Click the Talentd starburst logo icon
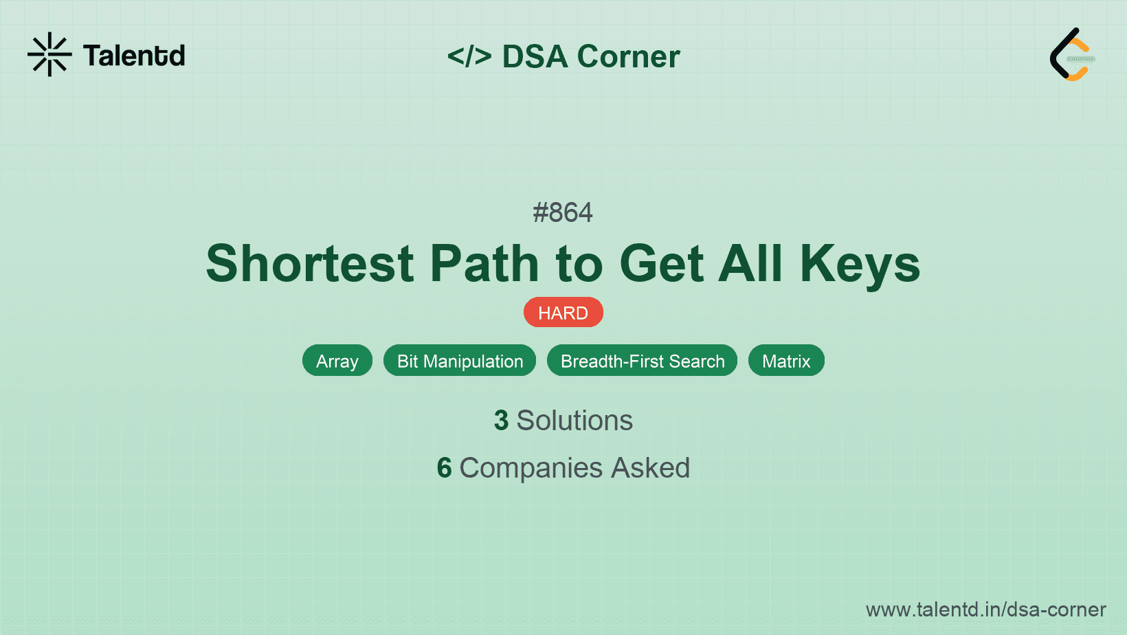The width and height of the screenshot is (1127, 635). pyautogui.click(x=49, y=54)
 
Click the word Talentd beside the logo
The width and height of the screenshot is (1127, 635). pyautogui.click(x=134, y=56)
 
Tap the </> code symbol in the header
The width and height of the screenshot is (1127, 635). pyautogui.click(x=469, y=56)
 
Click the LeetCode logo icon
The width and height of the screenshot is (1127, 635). pyautogui.click(x=1072, y=55)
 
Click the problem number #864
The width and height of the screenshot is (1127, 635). pyautogui.click(x=563, y=212)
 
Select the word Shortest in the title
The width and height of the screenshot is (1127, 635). pyautogui.click(x=310, y=264)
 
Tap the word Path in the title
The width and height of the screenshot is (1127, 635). pyautogui.click(x=484, y=264)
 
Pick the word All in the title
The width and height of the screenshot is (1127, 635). pyautogui.click(x=750, y=264)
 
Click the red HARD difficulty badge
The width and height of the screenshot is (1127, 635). pyautogui.click(x=563, y=313)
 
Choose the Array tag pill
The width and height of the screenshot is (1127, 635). pyautogui.click(x=337, y=361)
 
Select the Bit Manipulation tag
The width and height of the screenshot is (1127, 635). pyautogui.click(x=460, y=361)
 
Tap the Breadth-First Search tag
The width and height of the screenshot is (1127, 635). pyautogui.click(x=642, y=361)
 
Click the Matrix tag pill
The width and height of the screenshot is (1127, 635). pyautogui.click(x=786, y=361)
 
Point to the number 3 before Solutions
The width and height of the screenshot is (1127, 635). pyautogui.click(x=501, y=421)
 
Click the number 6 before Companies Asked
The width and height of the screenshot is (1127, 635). pyautogui.click(x=444, y=468)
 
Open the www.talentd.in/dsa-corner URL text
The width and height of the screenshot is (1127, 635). pyautogui.click(x=985, y=610)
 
